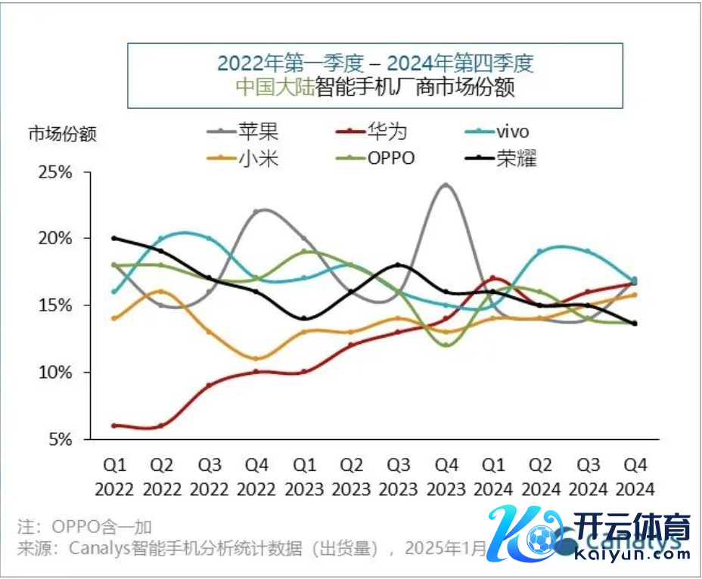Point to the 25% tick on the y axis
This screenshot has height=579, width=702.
point(54,172)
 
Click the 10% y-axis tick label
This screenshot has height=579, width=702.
point(54,373)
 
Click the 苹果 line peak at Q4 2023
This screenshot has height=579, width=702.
point(446,184)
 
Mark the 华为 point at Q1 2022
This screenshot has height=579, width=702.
point(114,426)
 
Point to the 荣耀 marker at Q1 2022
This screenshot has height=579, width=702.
point(114,238)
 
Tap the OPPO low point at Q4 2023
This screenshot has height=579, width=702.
point(446,345)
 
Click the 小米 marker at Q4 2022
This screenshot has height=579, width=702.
point(256,358)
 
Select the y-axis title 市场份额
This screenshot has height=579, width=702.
point(63,135)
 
